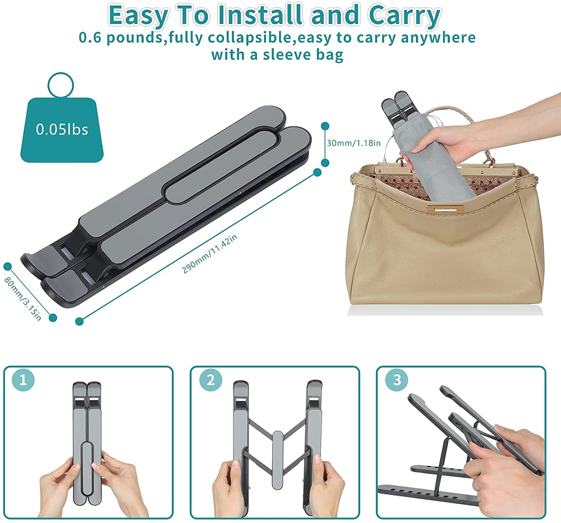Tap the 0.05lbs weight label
[x=62, y=129]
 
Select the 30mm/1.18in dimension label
[x=354, y=143]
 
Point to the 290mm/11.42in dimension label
[x=209, y=254]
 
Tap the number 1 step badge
[x=23, y=380]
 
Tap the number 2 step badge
[x=211, y=380]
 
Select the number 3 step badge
[x=397, y=380]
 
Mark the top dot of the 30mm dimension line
[x=325, y=126]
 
